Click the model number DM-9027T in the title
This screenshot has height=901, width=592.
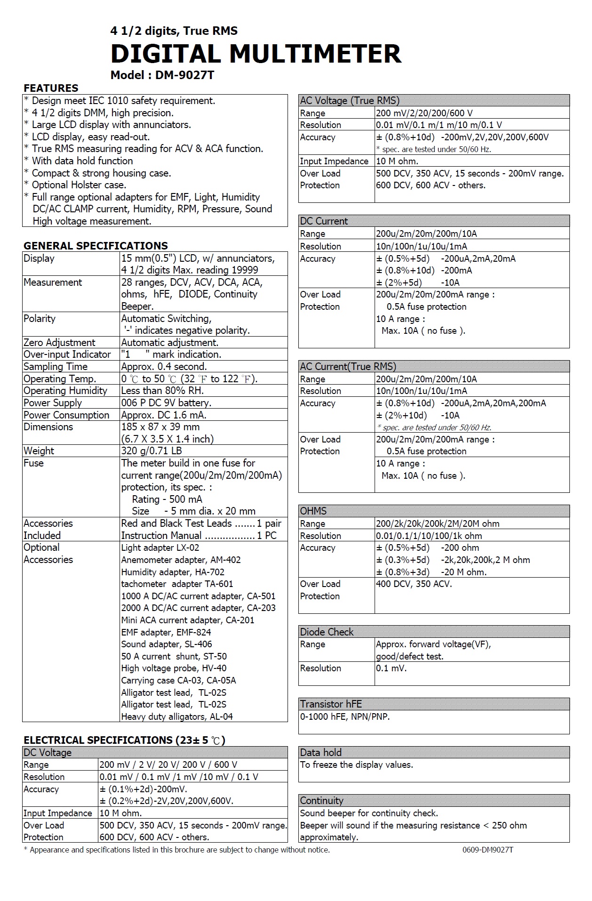[x=184, y=75]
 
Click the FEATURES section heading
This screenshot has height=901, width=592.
[x=51, y=88]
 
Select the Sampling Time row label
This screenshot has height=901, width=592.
[x=56, y=367]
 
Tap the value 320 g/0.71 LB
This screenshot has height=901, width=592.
[x=152, y=451]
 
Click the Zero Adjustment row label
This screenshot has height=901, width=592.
[x=59, y=343]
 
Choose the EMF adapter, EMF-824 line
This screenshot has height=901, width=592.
[x=166, y=632]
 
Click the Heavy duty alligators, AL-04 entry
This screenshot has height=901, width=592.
[x=177, y=716]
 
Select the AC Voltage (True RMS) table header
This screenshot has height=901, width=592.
[x=350, y=100]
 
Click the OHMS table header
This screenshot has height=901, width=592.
[x=313, y=511]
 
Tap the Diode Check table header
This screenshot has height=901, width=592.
[x=327, y=632]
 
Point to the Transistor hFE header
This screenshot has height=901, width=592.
[x=331, y=704]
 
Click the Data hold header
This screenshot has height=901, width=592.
[x=320, y=752]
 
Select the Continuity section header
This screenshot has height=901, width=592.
[x=321, y=801]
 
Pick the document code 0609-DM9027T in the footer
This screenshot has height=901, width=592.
[x=488, y=850]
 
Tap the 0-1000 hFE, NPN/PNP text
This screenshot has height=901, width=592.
[x=345, y=717]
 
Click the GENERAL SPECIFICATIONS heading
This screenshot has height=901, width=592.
[x=96, y=246]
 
